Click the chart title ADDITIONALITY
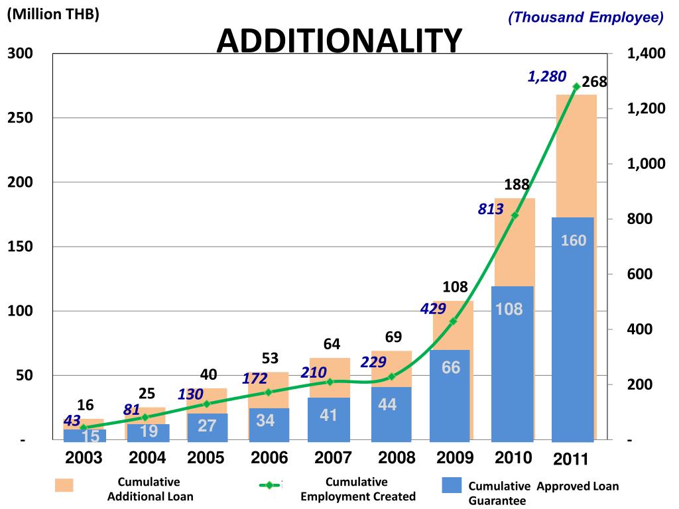tap(339, 41)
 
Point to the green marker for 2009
tap(454, 321)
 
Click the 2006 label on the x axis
tap(269, 458)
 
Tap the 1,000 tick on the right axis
tap(646, 164)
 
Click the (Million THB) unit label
tap(53, 15)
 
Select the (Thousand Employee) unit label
tap(586, 17)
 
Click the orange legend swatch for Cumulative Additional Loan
tap(64, 485)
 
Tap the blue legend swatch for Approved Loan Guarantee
tap(451, 485)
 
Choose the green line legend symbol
tap(270, 485)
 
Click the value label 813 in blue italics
tap(491, 209)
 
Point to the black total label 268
tap(594, 83)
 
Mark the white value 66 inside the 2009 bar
tap(451, 367)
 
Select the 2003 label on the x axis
tap(84, 458)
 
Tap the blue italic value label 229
tap(373, 363)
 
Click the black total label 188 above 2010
tap(517, 185)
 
